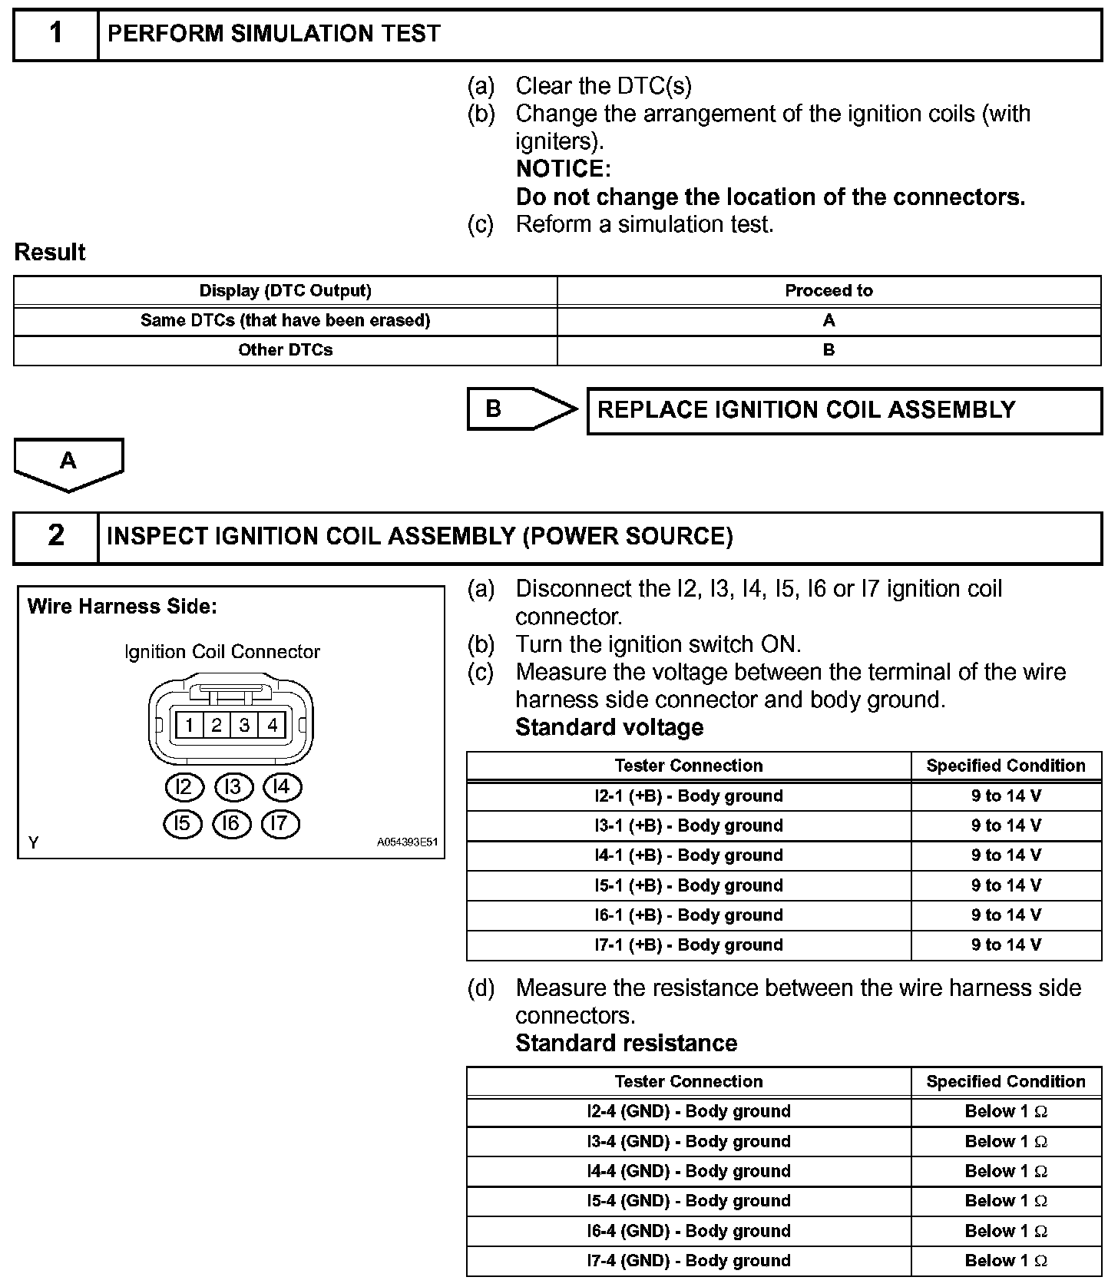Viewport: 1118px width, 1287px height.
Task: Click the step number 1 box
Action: [x=56, y=35]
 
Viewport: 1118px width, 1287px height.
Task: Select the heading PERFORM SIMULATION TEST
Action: [x=274, y=35]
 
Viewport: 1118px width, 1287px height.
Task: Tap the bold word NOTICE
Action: [x=563, y=169]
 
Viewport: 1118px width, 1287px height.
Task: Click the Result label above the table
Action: [x=50, y=253]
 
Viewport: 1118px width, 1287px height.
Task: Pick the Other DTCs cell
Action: [x=285, y=350]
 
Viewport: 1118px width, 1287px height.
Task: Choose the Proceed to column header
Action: [x=829, y=291]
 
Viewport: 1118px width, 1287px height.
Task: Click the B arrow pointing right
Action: [x=522, y=409]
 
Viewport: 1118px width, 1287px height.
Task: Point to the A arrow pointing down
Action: [x=68, y=463]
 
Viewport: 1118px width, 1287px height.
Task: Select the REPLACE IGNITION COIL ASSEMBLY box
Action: [x=844, y=411]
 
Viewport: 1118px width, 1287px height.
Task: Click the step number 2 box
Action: [x=56, y=536]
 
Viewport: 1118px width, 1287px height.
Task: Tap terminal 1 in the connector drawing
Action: [x=189, y=725]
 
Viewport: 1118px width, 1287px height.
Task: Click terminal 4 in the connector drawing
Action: [x=273, y=725]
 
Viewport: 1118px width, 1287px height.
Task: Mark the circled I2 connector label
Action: [x=184, y=787]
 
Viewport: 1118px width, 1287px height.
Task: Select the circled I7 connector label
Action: [x=280, y=824]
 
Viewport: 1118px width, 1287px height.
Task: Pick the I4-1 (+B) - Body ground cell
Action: [x=689, y=855]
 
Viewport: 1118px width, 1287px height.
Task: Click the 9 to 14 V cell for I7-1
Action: [x=1006, y=945]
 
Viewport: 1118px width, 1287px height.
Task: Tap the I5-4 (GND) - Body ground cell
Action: [x=689, y=1201]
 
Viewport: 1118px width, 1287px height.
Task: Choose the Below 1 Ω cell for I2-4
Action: [x=1006, y=1111]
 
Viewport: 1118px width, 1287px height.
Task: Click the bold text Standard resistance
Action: [x=626, y=1044]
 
